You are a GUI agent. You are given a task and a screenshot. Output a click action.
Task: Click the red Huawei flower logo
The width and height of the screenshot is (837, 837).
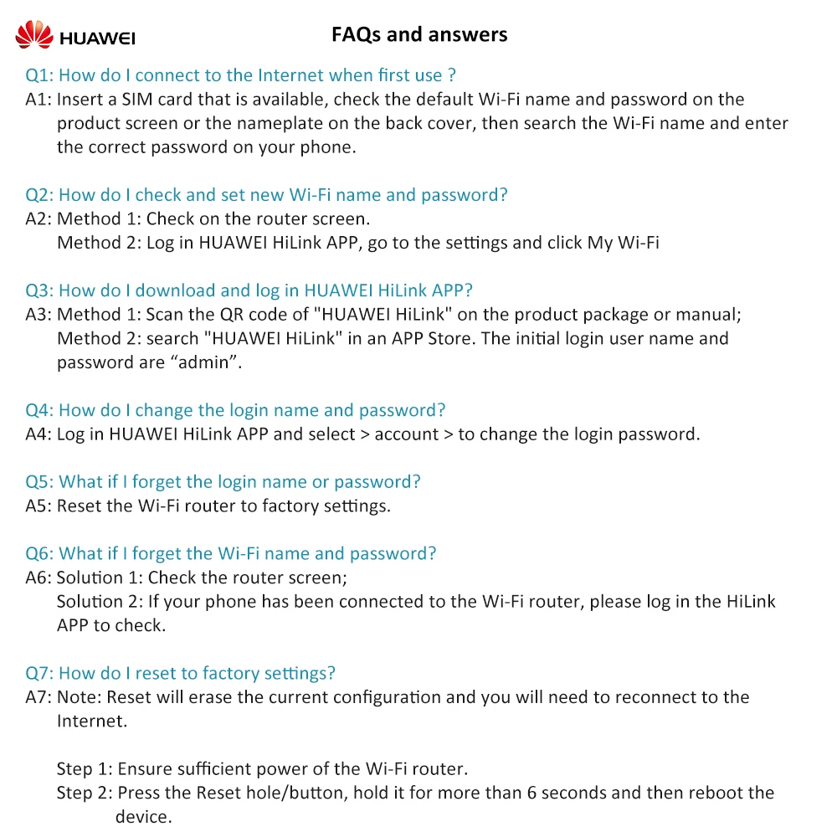tap(34, 34)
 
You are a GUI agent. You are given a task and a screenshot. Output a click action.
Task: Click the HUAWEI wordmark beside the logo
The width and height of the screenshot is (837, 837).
tap(97, 38)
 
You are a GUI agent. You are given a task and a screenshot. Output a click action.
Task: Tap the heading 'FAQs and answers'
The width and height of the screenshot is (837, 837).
tap(419, 34)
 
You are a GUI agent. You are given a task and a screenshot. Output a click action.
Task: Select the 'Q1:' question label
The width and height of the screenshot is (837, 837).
tap(39, 75)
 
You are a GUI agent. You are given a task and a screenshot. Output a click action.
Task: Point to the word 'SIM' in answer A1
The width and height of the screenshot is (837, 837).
tap(137, 100)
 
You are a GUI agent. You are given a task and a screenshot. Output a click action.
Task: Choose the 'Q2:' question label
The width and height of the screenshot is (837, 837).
tap(39, 195)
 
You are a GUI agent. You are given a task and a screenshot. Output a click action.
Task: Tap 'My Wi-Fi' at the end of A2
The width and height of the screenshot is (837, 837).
tap(623, 243)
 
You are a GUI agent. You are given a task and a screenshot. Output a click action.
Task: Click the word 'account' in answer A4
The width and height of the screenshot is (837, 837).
tap(407, 434)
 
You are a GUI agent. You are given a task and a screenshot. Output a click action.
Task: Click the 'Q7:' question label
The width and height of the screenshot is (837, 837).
tap(39, 674)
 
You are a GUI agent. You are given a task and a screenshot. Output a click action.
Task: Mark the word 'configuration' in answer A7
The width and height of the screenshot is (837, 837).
tap(387, 697)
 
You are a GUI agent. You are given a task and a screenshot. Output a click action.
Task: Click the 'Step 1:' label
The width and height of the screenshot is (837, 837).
tap(85, 769)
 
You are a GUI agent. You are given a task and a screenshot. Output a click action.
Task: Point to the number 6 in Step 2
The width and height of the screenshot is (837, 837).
tap(531, 793)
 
